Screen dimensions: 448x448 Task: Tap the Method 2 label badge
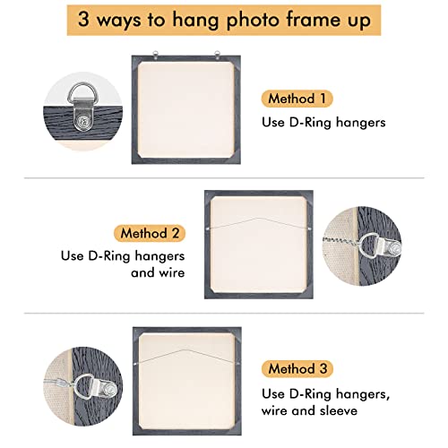tap(151, 233)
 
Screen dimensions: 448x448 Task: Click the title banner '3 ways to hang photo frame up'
tap(223, 20)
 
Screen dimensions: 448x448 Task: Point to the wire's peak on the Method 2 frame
tap(265, 216)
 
